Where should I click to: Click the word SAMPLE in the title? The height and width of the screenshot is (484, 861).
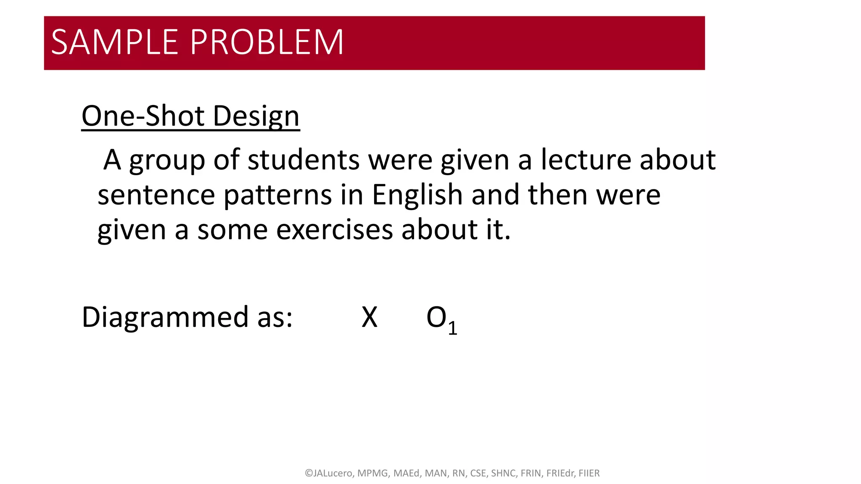(x=114, y=42)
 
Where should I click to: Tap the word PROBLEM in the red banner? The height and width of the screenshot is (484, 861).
(x=267, y=42)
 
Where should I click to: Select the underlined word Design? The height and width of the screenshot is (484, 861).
(x=256, y=116)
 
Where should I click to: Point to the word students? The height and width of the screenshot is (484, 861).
(x=304, y=160)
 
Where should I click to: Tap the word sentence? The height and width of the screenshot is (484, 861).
(x=156, y=195)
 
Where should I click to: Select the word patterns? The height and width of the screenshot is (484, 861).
(x=278, y=196)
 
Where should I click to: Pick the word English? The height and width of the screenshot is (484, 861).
(x=417, y=196)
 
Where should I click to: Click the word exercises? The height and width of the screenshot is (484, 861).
(x=334, y=230)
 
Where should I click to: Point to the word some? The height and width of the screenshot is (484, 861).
(x=232, y=231)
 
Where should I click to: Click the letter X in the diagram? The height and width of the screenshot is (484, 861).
(x=370, y=318)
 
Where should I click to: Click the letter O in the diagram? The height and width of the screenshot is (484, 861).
(x=436, y=318)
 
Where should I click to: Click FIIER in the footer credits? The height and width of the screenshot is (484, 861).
(x=589, y=473)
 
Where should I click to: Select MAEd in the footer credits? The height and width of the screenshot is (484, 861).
(x=407, y=473)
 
